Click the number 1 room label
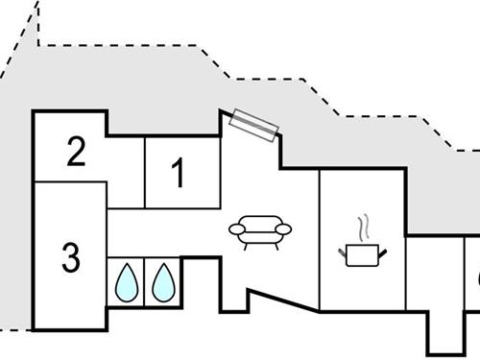coord(178,173)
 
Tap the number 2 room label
coord(77,151)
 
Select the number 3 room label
coord(70,257)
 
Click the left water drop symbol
coord(126,281)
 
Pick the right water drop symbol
coord(163,281)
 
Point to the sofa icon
coord(260,231)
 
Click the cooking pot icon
coord(363,253)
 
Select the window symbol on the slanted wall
coord(254,125)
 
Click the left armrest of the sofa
coord(236,229)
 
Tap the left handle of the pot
coord(344,252)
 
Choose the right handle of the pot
coord(383,252)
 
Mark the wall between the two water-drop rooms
coord(144,281)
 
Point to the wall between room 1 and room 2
coord(144,173)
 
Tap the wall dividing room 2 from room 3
coord(69,181)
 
